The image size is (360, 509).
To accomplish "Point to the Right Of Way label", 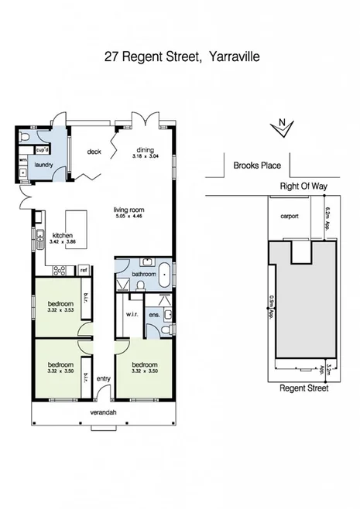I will pyautogui.click(x=304, y=186).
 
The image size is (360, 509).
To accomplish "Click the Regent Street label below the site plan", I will pyautogui.click(x=303, y=388).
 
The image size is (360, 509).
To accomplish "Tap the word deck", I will pyautogui.click(x=94, y=152).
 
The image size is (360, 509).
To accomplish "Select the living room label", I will pyautogui.click(x=129, y=210).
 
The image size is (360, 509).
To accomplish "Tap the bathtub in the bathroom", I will pyautogui.click(x=164, y=272).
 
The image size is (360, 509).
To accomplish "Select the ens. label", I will pyautogui.click(x=153, y=314).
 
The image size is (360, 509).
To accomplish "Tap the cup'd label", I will pyautogui.click(x=43, y=150).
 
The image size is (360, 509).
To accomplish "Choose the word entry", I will pyautogui.click(x=103, y=378).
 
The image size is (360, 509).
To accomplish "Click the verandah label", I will pyautogui.click(x=103, y=412).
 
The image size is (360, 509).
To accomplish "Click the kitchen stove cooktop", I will pyautogui.click(x=58, y=270).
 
